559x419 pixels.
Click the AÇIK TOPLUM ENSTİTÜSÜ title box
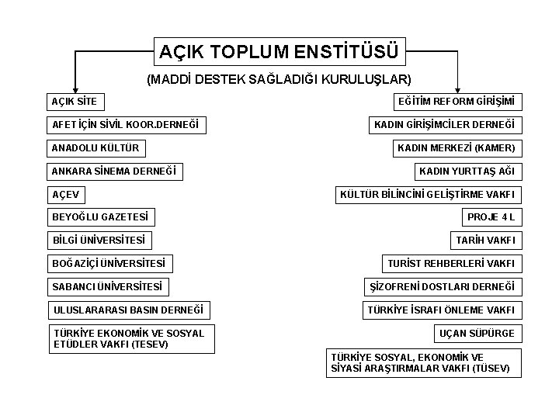279,52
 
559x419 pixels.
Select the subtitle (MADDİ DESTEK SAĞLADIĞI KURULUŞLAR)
279,79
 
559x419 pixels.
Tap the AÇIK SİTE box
76,102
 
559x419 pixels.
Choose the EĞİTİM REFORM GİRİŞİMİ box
456,102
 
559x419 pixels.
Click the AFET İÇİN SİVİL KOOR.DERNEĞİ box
125,124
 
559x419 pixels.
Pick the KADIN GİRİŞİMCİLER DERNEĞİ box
444,124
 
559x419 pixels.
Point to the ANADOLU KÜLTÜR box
96,147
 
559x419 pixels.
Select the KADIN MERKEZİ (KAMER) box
456,147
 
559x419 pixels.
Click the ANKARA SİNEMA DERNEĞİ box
114,171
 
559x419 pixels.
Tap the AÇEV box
66,194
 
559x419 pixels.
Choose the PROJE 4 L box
491,217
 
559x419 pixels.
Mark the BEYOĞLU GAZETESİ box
99,217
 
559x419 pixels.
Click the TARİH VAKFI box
485,241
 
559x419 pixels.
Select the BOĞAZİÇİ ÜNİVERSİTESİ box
109,264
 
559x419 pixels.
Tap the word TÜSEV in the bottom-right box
491,369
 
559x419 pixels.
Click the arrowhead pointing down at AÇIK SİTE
75,88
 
